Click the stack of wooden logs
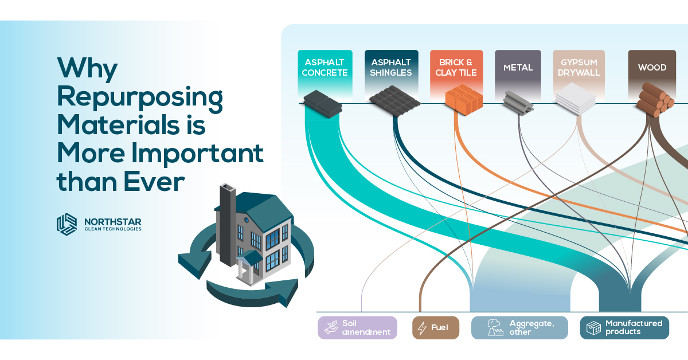tap(655, 100)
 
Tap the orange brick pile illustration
tap(464, 100)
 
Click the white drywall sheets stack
tap(576, 99)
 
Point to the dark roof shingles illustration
tap(394, 101)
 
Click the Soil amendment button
tap(357, 328)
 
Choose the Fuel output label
tap(436, 328)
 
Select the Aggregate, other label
tap(519, 328)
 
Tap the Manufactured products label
tap(624, 328)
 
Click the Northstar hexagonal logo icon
tap(67, 225)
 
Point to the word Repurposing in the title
tap(140, 98)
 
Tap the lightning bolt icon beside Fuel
tap(422, 328)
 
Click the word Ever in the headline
tap(154, 182)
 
